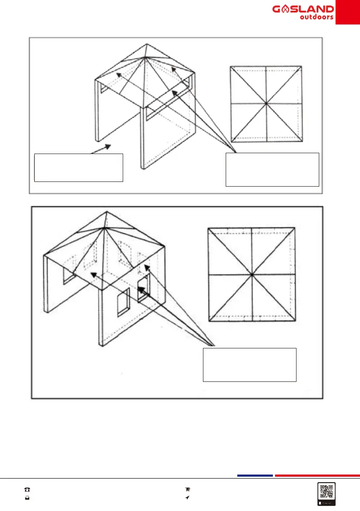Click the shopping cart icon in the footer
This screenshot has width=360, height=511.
(187, 489)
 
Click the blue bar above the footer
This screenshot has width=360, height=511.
(255, 475)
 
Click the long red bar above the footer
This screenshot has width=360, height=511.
(317, 475)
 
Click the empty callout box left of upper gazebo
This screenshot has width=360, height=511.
(79, 167)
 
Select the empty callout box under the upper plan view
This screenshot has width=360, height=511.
(272, 169)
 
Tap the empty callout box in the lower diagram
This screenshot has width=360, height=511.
(249, 365)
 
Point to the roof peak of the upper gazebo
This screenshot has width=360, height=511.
(146, 44)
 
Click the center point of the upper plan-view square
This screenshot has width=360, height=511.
(266, 103)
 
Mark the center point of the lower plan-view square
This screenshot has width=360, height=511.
(251, 274)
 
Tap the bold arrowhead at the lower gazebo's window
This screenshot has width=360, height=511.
(140, 289)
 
